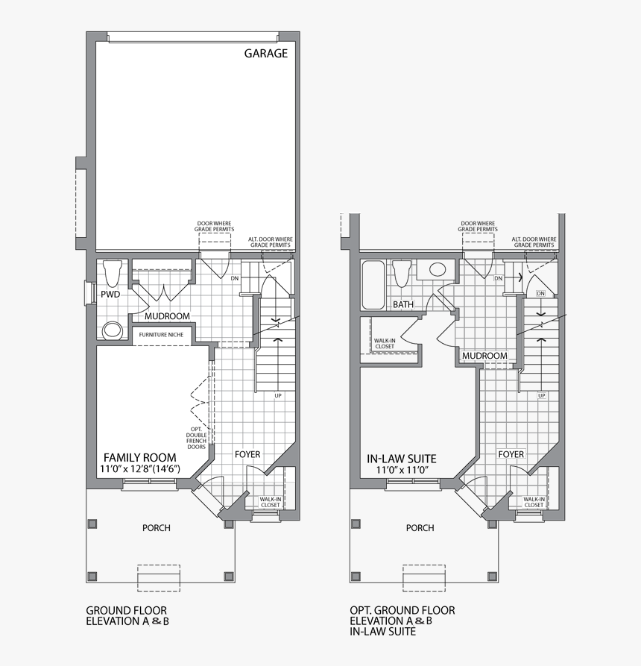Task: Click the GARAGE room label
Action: tap(266, 54)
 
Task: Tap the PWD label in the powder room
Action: tap(110, 295)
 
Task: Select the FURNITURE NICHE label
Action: tap(161, 335)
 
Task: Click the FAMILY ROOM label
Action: tap(139, 457)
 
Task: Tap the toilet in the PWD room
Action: tap(113, 273)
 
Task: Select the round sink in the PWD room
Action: tap(113, 329)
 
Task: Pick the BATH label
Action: tap(403, 305)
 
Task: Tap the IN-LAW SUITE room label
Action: tap(402, 459)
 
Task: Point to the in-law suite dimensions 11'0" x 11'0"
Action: tap(402, 471)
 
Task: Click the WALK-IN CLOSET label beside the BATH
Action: tap(385, 343)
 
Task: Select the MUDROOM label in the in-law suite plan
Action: tap(484, 356)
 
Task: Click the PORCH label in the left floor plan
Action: tap(157, 528)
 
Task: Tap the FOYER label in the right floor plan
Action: tap(511, 454)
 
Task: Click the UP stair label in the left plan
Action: tap(278, 395)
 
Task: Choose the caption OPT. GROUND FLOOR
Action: tap(402, 610)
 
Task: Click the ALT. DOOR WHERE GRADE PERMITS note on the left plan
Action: tap(270, 242)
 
